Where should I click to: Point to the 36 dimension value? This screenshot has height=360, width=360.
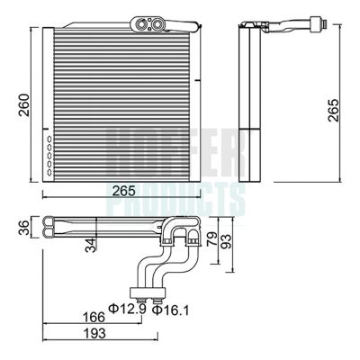click(x=23, y=229)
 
